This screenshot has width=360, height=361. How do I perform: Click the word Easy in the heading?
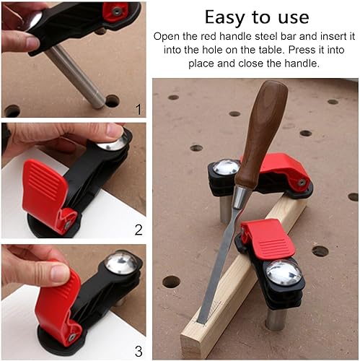click(x=226, y=17)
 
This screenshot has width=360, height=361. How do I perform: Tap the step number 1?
click(x=139, y=110)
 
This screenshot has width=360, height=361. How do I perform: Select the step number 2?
click(x=139, y=230)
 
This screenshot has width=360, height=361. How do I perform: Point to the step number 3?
click(x=139, y=351)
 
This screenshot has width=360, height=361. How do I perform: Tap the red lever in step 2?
click(x=45, y=193)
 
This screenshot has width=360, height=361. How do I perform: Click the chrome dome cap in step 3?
click(x=122, y=262)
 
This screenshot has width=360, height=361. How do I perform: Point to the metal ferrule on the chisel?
click(x=241, y=198)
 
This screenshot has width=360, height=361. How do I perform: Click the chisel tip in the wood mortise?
click(x=200, y=321)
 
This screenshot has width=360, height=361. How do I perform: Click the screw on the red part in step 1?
click(x=117, y=11)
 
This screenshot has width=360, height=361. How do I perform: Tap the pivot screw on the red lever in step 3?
click(x=71, y=337)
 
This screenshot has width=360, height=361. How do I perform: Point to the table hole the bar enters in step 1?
click(x=112, y=101)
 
